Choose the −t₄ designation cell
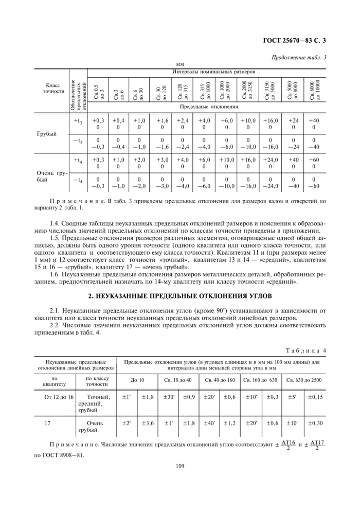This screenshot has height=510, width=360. tap(78, 180)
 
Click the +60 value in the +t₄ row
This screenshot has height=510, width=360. tap(313, 160)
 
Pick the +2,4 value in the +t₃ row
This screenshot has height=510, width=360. tap(183, 120)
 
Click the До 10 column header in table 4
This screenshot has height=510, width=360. tap(137, 380)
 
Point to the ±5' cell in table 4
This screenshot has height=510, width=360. tap(292, 397)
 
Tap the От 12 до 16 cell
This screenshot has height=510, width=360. tap(59, 397)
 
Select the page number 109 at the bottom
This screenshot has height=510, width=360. tap(179, 467)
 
